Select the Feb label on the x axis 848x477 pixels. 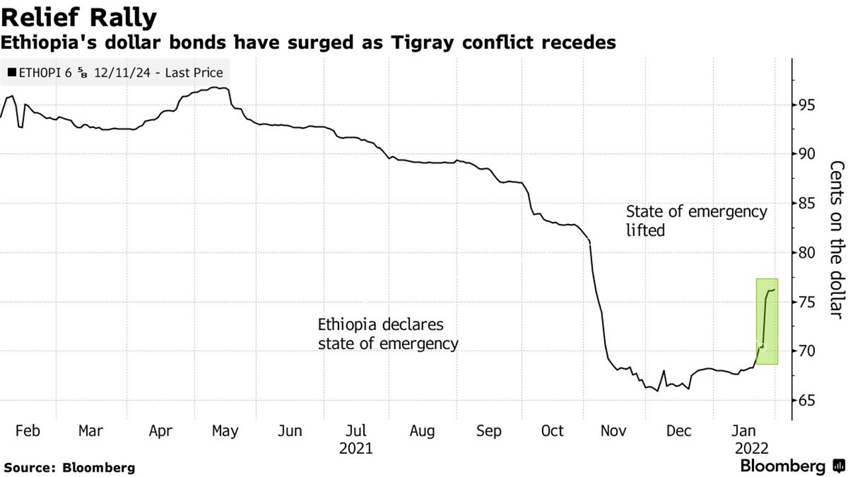pyautogui.click(x=27, y=431)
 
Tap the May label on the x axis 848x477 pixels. pyautogui.click(x=225, y=431)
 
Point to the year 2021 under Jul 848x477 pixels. pyautogui.click(x=356, y=449)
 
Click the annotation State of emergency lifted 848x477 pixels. pyautogui.click(x=696, y=221)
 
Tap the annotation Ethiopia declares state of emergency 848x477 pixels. pyautogui.click(x=388, y=335)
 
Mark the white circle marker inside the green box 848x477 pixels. pyautogui.click(x=763, y=346)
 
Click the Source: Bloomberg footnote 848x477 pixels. pyautogui.click(x=69, y=467)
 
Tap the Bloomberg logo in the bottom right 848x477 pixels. pyautogui.click(x=791, y=466)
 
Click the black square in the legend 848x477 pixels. pyautogui.click(x=12, y=74)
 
